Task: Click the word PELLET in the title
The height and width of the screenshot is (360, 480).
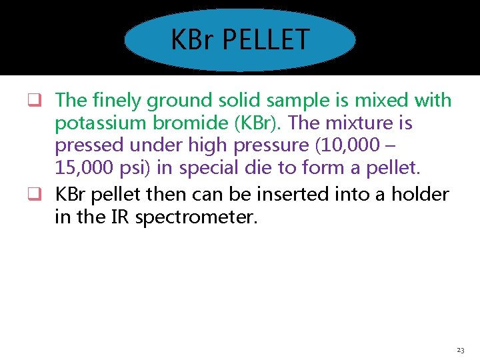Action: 265,39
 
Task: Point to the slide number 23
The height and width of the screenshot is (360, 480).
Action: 461,350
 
